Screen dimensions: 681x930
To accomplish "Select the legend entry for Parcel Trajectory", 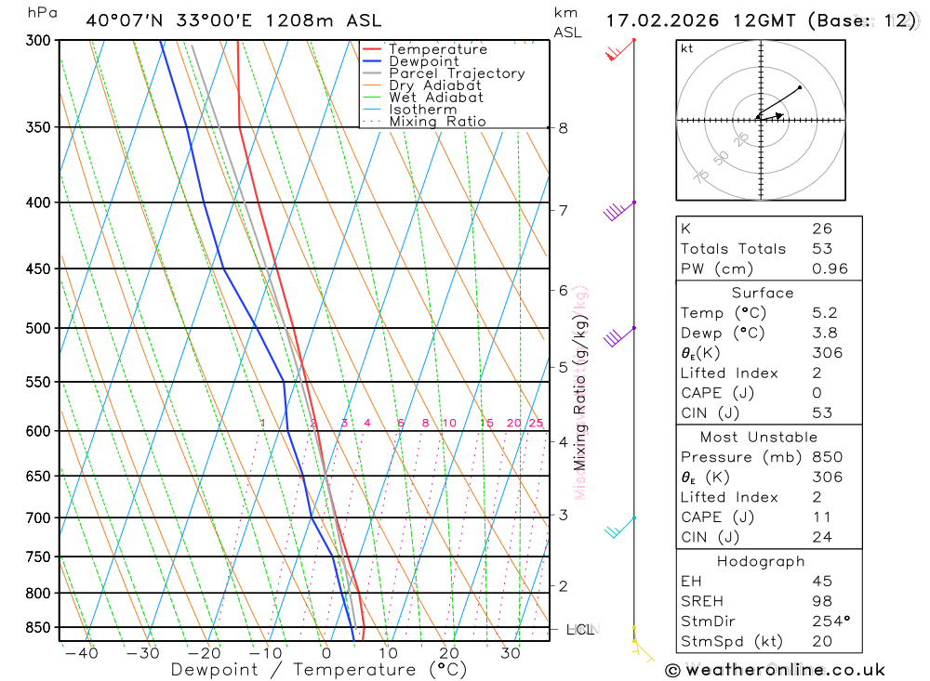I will (457, 73).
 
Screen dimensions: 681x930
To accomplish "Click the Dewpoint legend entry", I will (424, 61).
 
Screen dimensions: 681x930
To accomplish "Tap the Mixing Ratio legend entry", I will (437, 122).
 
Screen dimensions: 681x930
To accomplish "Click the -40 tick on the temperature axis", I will (82, 653).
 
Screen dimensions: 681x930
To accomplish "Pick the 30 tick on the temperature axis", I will (510, 653).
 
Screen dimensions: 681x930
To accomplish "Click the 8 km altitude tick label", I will (564, 128).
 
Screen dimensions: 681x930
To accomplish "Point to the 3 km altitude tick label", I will (564, 515).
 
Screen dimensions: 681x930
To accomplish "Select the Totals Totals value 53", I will (822, 249).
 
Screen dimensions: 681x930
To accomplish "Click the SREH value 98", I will (822, 601).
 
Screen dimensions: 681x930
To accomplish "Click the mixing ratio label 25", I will (535, 424).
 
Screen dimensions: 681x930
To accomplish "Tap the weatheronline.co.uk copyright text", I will (775, 670).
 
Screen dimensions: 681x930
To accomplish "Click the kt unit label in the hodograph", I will (687, 48).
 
